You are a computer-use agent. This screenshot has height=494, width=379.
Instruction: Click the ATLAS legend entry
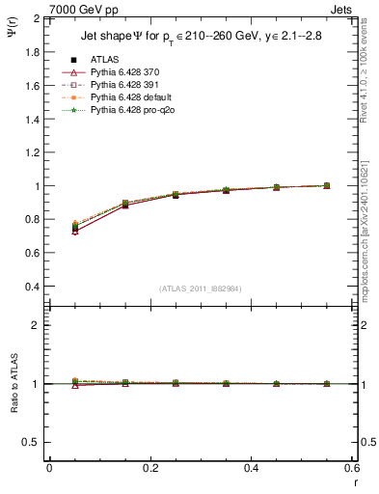tap(103, 59)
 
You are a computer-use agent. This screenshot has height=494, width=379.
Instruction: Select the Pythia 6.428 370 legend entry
tap(122, 72)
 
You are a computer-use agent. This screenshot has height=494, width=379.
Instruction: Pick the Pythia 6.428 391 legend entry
tap(122, 85)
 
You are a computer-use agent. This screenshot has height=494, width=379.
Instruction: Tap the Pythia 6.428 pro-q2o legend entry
tap(127, 111)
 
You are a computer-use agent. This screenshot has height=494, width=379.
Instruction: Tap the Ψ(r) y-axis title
tap(12, 36)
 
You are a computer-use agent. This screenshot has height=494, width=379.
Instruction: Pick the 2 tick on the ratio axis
tap(37, 325)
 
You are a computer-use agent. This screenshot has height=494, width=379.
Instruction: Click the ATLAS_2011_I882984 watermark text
tap(201, 288)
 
